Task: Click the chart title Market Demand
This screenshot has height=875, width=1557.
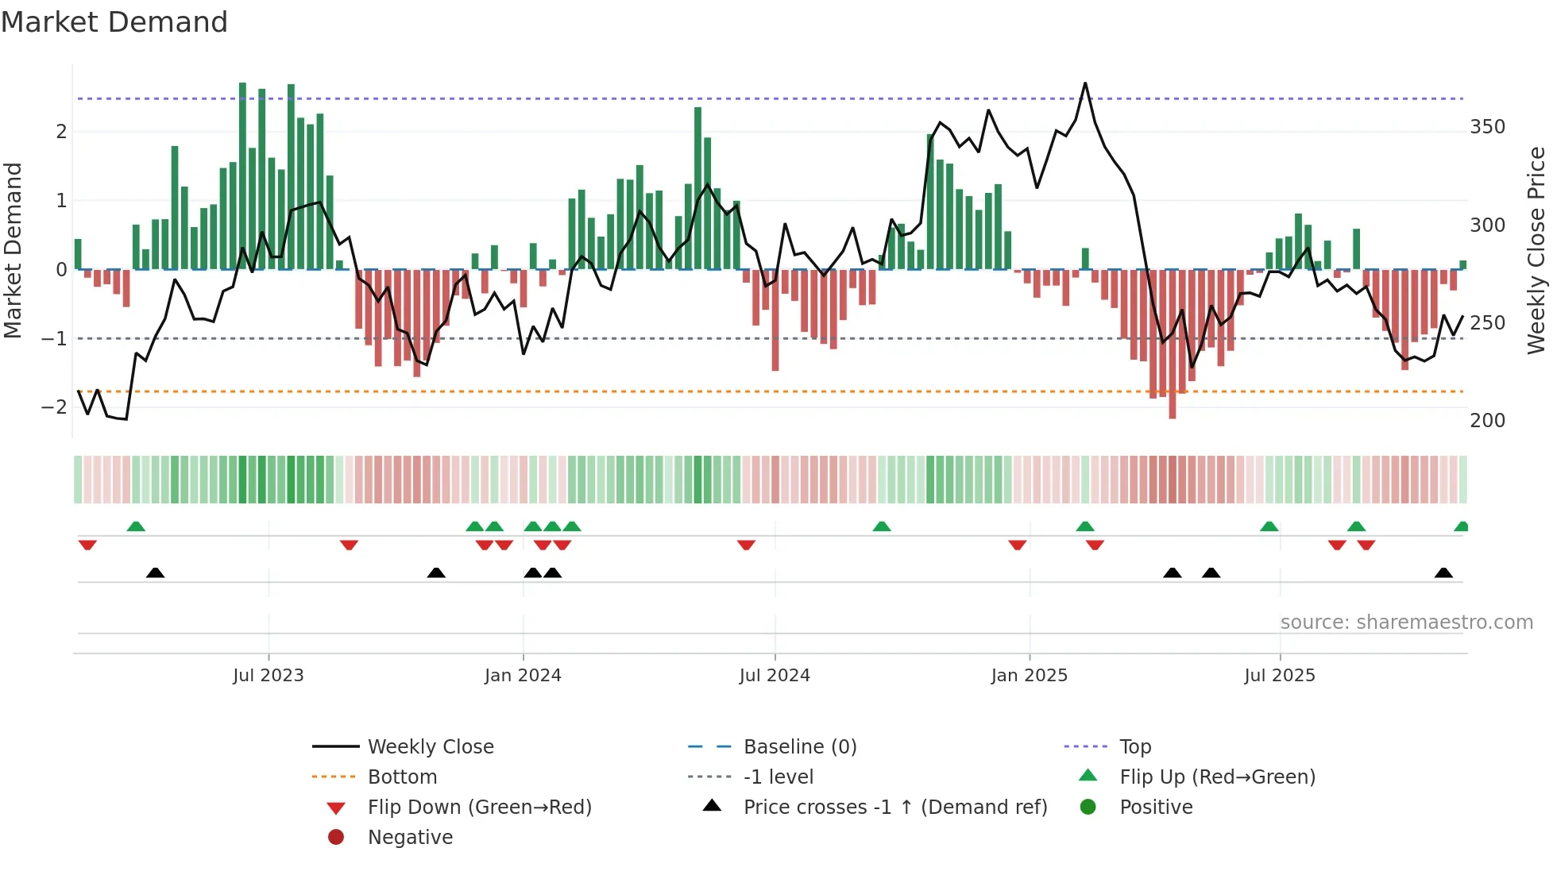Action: coord(114,22)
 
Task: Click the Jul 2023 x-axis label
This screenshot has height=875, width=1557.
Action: coord(269,676)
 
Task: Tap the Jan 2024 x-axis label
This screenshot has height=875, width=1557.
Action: coord(523,676)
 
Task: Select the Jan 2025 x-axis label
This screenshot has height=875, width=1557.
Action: coord(1030,676)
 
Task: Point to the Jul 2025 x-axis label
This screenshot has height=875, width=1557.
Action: coord(1280,676)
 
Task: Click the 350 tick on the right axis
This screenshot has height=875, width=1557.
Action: coord(1487,127)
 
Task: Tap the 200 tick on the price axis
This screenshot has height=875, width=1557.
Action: coord(1487,421)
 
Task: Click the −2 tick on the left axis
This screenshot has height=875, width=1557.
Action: coord(54,407)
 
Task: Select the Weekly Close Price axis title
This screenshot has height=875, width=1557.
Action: coord(1536,250)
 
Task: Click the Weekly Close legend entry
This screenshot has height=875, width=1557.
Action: coord(431,747)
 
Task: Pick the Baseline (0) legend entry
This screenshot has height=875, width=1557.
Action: coord(800,747)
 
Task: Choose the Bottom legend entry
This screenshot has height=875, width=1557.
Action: coord(402,777)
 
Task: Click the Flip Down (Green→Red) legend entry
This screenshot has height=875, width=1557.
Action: coord(479,808)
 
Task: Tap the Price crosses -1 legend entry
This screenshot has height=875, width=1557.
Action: coord(895,808)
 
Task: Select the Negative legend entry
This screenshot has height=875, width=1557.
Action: coord(410,838)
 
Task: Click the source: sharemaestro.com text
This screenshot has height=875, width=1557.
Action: coord(1406,623)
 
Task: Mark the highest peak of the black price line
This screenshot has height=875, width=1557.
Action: coord(1085,83)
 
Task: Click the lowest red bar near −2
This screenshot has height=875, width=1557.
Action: coord(1173,413)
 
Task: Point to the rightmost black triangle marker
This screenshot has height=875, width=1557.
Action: coord(1443,573)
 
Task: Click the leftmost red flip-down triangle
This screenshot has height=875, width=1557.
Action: coord(87,545)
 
